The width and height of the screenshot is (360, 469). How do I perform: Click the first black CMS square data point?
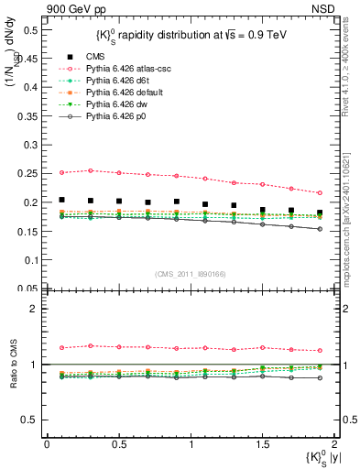point(61,200)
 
